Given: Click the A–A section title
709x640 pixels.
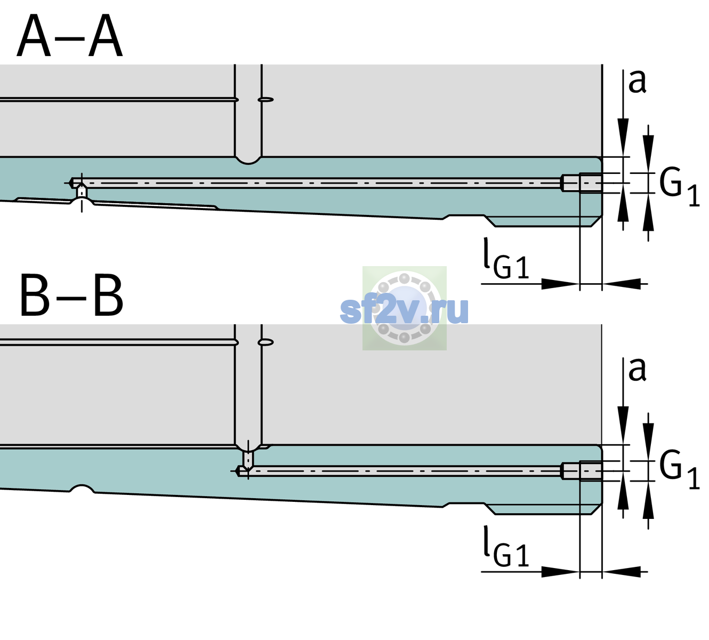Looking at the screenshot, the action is [x=70, y=36].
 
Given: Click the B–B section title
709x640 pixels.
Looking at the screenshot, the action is [x=71, y=295].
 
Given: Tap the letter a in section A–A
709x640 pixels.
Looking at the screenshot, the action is [x=637, y=81].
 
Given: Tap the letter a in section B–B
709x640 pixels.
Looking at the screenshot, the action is [x=637, y=370].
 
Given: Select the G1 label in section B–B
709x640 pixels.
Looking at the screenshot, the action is [x=679, y=470].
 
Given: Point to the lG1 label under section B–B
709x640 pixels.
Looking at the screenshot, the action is [x=506, y=546].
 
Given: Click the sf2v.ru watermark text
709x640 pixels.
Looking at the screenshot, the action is [x=404, y=310].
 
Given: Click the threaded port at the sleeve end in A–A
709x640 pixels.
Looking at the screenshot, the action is [x=582, y=183].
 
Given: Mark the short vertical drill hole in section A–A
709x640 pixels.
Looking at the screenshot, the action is [x=82, y=192].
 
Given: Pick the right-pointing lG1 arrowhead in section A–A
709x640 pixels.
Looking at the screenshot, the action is [x=561, y=284].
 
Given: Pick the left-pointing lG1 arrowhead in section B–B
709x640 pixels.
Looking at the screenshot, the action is [x=622, y=572].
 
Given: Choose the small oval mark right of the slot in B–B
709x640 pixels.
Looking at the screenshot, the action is [x=266, y=342].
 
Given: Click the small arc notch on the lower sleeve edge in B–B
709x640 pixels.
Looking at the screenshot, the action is [x=82, y=489].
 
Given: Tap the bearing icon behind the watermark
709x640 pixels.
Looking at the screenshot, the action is [x=404, y=308].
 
